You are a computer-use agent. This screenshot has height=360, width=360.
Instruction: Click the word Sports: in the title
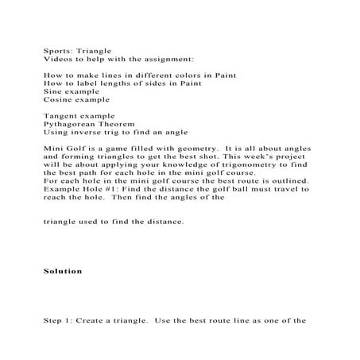point(56,49)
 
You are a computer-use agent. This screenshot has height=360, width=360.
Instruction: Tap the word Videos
point(56,58)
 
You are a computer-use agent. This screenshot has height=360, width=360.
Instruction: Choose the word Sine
point(52,92)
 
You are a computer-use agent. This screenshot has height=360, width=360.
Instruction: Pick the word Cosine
point(56,101)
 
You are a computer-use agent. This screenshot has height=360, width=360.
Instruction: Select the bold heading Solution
point(63,271)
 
